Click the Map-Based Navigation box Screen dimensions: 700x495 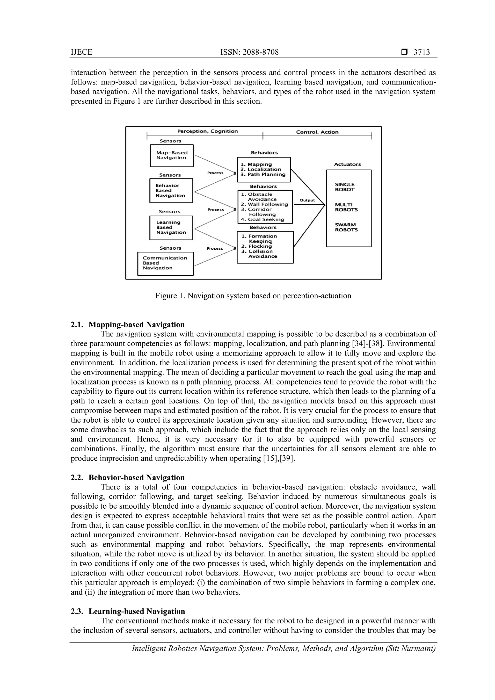tap(172, 155)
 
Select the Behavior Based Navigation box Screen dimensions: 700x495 tap(171, 191)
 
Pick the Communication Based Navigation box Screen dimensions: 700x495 tap(165, 263)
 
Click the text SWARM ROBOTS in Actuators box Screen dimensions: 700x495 tap(346, 227)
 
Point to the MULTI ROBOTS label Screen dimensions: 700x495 tap(346, 207)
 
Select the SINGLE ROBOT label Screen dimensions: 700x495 tap(345, 187)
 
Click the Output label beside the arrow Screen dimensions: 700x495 tap(307, 200)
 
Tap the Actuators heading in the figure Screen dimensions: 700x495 tap(347, 164)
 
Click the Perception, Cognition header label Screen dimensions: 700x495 tap(207, 131)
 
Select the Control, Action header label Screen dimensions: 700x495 tap(317, 132)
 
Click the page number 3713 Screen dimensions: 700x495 tap(422, 52)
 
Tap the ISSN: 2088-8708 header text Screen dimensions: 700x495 tap(249, 52)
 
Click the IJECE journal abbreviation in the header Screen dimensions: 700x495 tap(81, 52)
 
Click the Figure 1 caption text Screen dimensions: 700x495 tap(253, 296)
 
